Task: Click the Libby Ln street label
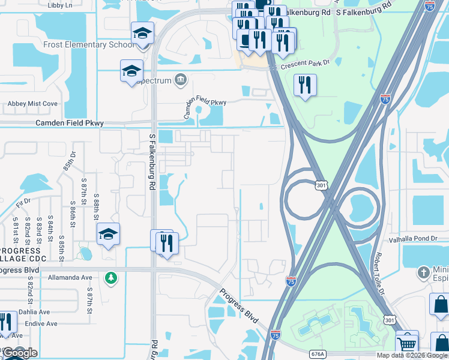point(59,5)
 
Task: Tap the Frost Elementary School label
point(89,44)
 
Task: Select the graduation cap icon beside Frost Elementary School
point(143,34)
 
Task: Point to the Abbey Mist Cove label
point(32,104)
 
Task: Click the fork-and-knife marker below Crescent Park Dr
point(305,85)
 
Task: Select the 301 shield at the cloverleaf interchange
point(322,186)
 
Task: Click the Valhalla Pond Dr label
point(414,238)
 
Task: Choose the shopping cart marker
point(407,344)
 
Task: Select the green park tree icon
point(110,277)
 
